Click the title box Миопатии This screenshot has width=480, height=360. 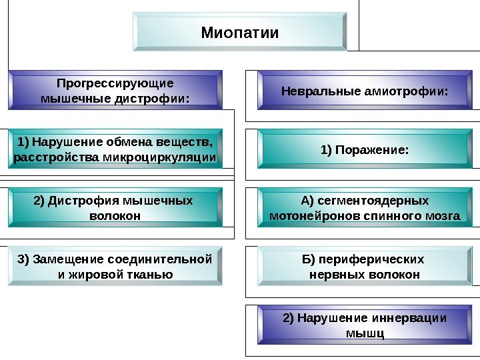point(240,32)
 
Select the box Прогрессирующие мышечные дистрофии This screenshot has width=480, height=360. point(115,91)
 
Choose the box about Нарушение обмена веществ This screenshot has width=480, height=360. point(115,149)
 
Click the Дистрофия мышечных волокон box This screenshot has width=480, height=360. point(115,208)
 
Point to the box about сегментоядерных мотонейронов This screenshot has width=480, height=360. point(365,208)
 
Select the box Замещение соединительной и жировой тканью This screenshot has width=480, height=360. point(115,267)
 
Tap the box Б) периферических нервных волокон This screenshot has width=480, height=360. point(365,267)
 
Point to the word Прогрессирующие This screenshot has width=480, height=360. point(115,83)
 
